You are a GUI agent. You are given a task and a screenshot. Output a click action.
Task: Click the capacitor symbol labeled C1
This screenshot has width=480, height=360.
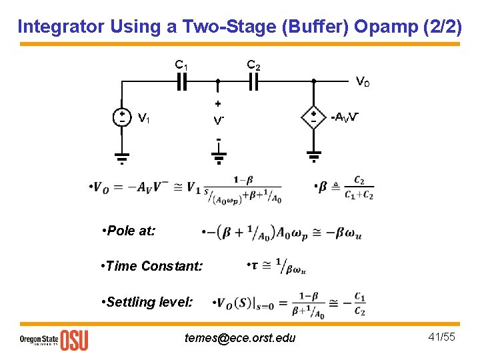coord(181,81)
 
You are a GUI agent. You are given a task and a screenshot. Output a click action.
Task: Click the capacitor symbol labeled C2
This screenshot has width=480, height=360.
coord(253,81)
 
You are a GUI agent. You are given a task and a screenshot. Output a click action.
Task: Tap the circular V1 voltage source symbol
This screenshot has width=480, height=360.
coord(122,117)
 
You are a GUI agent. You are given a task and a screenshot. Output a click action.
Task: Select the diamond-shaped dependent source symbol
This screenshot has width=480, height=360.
coord(313,117)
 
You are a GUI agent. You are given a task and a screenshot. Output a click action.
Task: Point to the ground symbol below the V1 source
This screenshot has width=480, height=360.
coord(122,158)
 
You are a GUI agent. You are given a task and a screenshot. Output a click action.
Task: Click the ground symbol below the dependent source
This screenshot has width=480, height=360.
coord(313,158)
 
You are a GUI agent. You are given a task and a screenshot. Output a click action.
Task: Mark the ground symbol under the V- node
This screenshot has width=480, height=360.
coord(219,158)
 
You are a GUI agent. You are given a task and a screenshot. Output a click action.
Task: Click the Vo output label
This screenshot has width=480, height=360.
coord(362,82)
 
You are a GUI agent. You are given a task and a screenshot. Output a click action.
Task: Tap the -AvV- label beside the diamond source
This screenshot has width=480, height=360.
coord(345,118)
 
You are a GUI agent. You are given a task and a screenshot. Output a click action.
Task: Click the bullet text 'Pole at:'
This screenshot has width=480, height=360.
coord(130,231)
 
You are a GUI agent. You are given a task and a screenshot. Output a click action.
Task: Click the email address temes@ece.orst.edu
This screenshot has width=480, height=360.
coord(239,338)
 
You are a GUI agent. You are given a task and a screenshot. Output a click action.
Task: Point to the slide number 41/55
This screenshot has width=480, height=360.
coord(441,337)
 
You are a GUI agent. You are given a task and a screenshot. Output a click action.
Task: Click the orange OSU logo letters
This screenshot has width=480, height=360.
coord(74,340)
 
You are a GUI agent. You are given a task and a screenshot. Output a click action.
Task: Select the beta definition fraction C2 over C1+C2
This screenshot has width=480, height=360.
coord(359,187)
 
